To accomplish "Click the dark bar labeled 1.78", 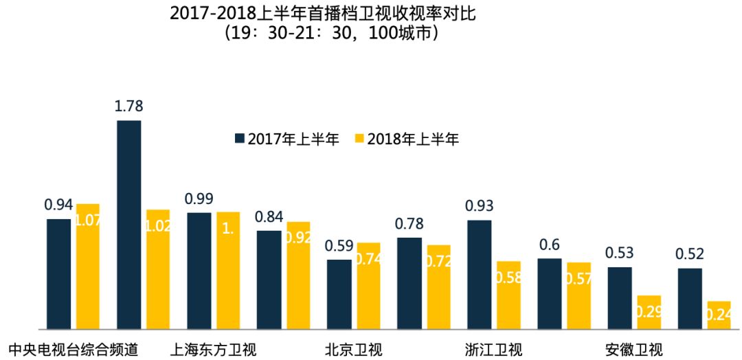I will click(x=128, y=225).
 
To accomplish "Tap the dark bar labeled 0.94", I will click(x=58, y=274).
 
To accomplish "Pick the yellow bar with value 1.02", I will click(x=158, y=269).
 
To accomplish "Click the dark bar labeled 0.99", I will click(x=199, y=271).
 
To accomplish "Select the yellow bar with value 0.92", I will click(x=298, y=275).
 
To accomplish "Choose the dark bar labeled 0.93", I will click(x=479, y=275).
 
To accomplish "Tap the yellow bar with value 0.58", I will click(x=509, y=295).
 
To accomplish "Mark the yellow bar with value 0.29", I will click(x=649, y=313).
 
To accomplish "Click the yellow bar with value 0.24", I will click(x=719, y=315).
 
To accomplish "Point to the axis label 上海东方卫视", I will click(x=213, y=350).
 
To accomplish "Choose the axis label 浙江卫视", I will click(x=493, y=350).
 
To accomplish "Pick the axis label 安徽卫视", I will click(x=634, y=350).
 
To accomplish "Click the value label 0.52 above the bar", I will click(x=690, y=254).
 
